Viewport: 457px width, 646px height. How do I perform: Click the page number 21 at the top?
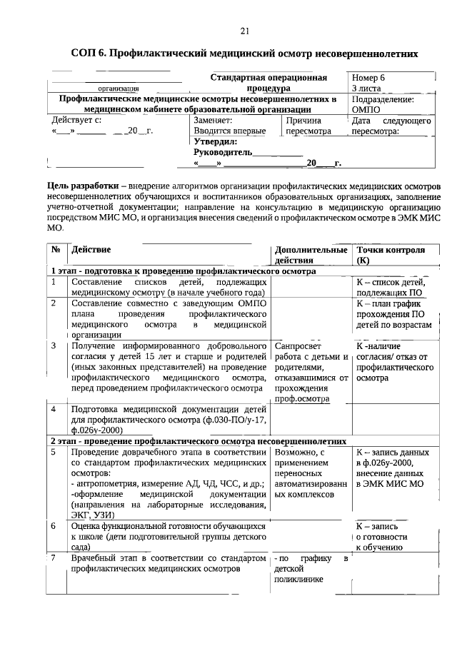pos(244,30)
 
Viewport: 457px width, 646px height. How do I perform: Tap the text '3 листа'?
pos(366,88)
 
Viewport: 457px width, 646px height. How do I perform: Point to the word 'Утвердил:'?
pos(216,141)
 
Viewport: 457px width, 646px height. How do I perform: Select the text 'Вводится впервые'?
pos(229,131)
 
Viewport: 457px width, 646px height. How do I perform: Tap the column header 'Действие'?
pos(91,251)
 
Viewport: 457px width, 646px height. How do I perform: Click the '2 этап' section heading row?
pos(198,441)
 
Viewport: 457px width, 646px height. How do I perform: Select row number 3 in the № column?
pos(54,345)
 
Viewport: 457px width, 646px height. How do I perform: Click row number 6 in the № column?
pos(54,525)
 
